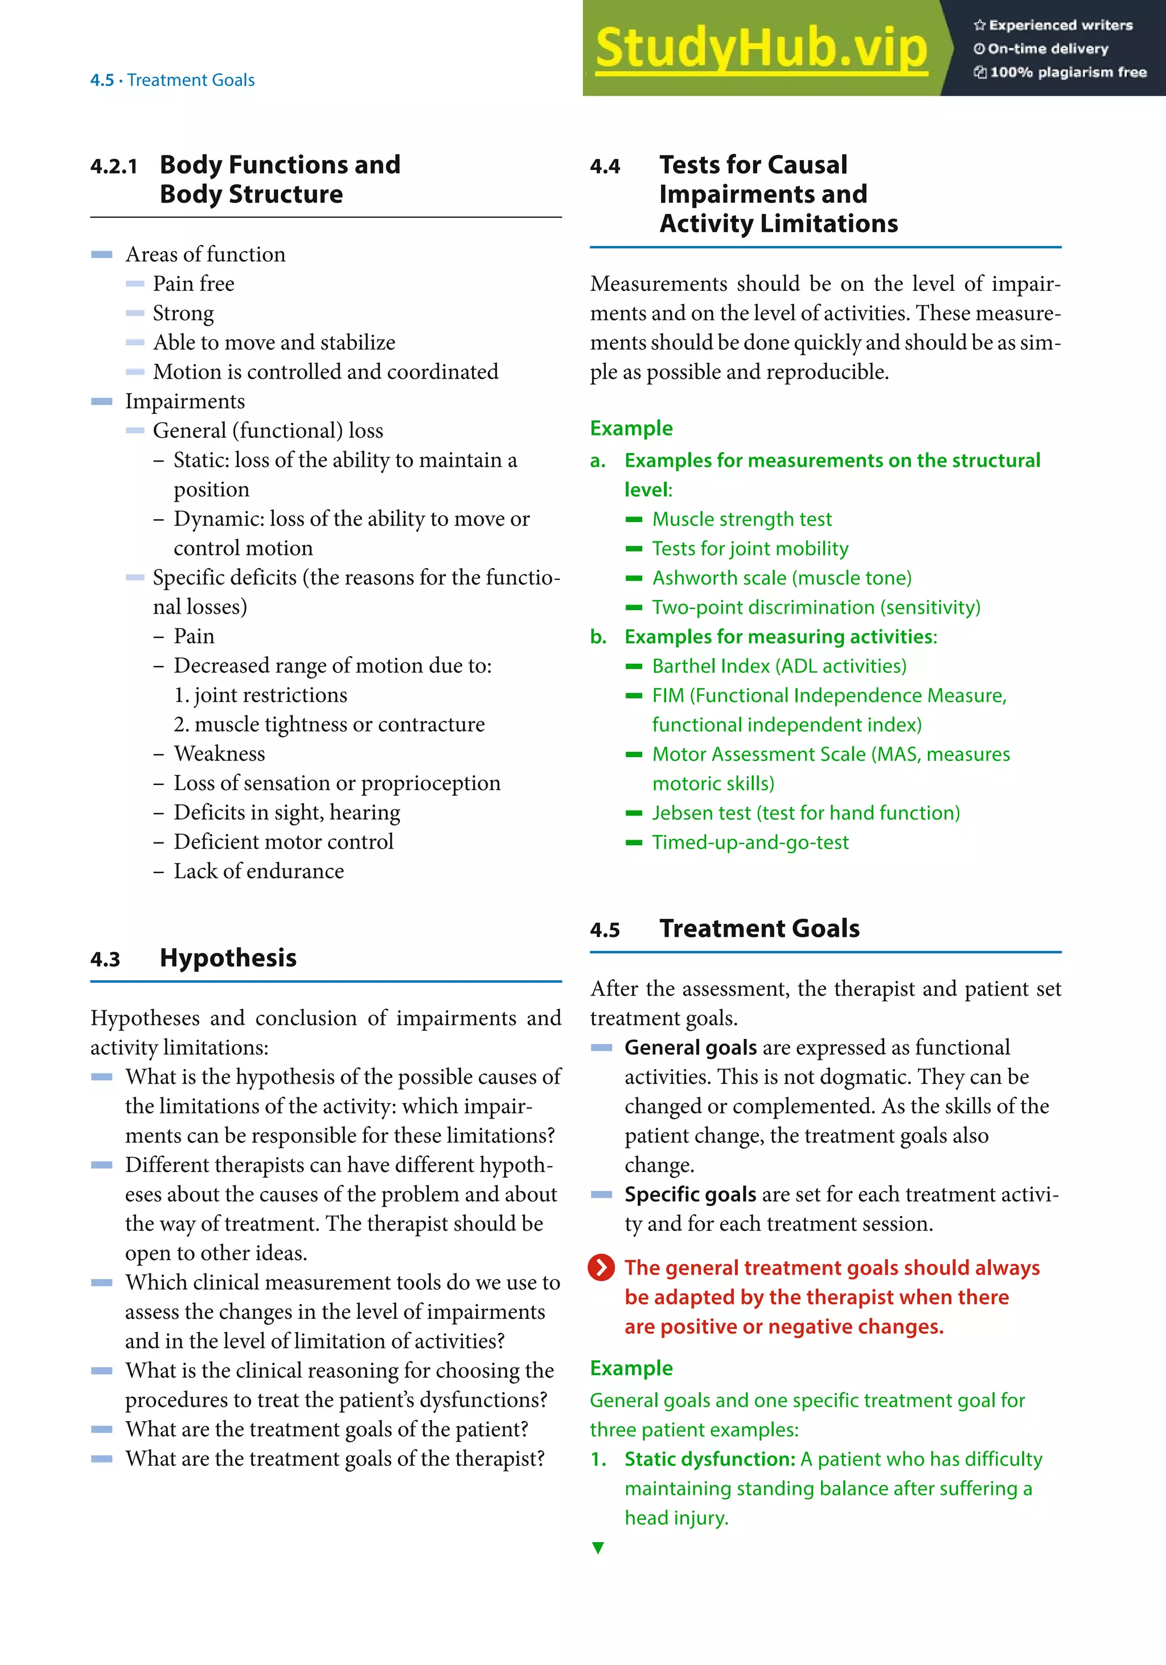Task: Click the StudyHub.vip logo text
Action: [761, 48]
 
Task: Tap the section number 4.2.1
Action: [114, 167]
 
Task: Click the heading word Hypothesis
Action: [228, 958]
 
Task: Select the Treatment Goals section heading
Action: [759, 928]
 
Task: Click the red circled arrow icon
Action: [601, 1268]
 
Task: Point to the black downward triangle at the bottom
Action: [598, 1548]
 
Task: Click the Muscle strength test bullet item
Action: [742, 519]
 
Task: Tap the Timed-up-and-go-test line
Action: [750, 842]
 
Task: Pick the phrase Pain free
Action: [194, 283]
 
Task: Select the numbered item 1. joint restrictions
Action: [260, 694]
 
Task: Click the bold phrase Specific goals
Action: [690, 1194]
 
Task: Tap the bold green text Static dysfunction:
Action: [710, 1459]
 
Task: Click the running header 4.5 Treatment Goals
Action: [173, 80]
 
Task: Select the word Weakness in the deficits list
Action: [219, 754]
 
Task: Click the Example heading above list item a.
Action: [631, 429]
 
